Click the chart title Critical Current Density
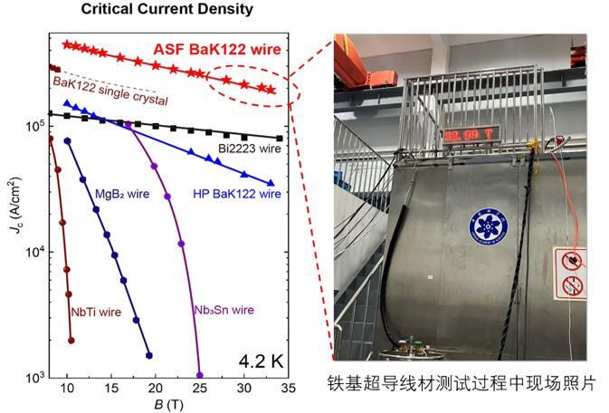click(167, 10)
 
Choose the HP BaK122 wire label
click(234, 192)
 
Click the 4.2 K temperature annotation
click(262, 360)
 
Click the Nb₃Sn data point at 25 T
click(200, 375)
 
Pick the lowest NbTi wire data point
click(71, 341)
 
